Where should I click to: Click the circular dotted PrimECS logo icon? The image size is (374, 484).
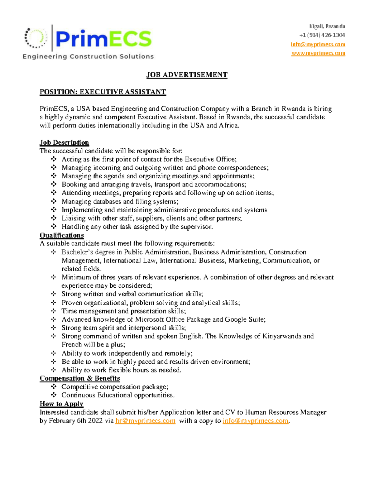click(x=36, y=38)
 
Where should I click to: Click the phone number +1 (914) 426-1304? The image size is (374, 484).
click(x=322, y=35)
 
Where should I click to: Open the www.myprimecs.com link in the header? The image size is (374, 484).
click(x=318, y=53)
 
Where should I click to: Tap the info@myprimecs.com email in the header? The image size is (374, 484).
click(x=318, y=44)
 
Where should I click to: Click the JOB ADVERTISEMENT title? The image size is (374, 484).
click(x=187, y=75)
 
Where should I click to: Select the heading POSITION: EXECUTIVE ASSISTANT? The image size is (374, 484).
click(x=103, y=92)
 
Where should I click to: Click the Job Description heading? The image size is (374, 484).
click(x=64, y=142)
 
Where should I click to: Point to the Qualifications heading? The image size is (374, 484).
click(x=62, y=235)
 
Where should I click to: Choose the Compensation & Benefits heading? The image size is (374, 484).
click(x=80, y=378)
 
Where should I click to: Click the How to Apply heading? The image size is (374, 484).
click(x=61, y=404)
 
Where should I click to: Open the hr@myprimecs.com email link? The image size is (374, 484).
click(x=145, y=421)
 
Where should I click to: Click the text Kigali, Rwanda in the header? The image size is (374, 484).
click(x=327, y=26)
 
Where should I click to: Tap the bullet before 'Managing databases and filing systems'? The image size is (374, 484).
click(x=54, y=201)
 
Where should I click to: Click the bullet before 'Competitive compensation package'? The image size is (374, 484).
click(x=54, y=387)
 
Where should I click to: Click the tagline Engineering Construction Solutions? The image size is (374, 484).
click(x=88, y=56)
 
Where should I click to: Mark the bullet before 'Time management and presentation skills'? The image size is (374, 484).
click(x=54, y=311)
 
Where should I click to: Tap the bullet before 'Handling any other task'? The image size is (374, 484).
click(x=54, y=227)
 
